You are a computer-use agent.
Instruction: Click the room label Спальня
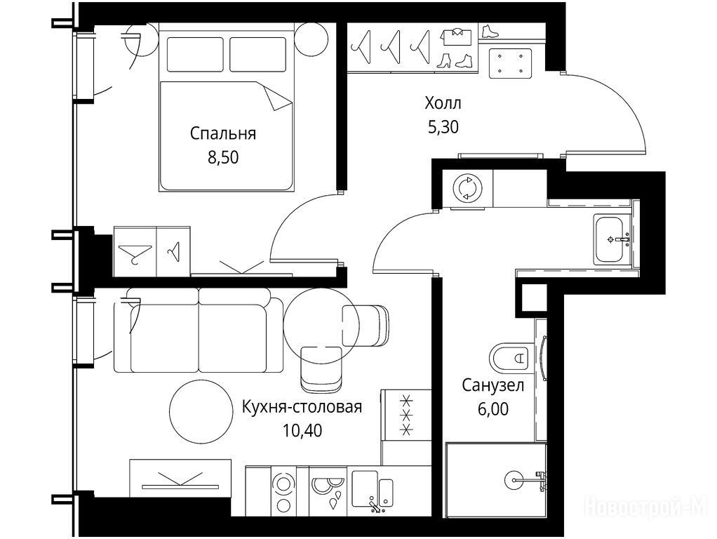pos(222,134)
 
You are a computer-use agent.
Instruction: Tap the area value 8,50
pos(223,157)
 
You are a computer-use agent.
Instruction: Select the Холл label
pos(443,103)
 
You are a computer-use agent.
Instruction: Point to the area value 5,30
pos(443,127)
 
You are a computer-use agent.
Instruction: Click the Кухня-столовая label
pos(302,407)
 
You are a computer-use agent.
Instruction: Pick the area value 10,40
pos(302,430)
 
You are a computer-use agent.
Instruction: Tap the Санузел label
pos(492,386)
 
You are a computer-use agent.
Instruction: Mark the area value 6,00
pos(493,409)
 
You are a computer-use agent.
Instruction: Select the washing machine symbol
pos(467,188)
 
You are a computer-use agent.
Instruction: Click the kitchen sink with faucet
pos(373,490)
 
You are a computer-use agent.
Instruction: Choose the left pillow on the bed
pos(195,55)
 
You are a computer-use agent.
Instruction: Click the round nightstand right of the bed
pos(311,39)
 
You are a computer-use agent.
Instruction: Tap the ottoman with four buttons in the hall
pos(510,63)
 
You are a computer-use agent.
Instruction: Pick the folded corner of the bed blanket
pos(276,98)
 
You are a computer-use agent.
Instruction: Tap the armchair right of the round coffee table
pos(366,326)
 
